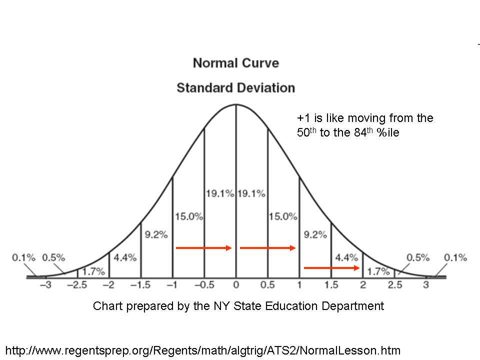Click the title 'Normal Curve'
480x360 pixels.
click(x=235, y=63)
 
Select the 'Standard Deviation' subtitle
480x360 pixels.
click(x=235, y=88)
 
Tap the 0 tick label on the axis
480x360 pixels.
click(x=235, y=285)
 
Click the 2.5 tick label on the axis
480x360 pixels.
click(x=395, y=285)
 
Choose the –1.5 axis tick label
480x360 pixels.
click(x=140, y=285)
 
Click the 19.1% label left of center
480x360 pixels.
click(x=219, y=193)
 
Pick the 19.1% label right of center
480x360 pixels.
click(x=251, y=193)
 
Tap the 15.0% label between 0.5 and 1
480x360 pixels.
click(x=282, y=216)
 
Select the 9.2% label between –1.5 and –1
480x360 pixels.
click(x=156, y=234)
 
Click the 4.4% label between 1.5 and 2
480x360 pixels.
click(x=346, y=258)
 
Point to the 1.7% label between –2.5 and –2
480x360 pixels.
click(x=93, y=271)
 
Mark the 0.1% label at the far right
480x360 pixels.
click(x=455, y=258)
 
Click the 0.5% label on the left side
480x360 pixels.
click(x=53, y=258)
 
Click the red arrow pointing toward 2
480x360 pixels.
click(x=332, y=268)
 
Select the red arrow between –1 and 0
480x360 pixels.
click(x=203, y=247)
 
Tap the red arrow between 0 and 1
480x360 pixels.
click(x=268, y=247)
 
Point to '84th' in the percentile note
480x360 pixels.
click(x=348, y=133)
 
